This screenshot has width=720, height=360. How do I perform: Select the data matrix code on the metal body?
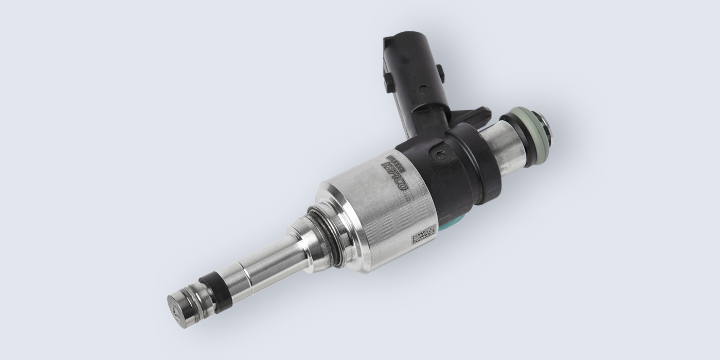pos(423,234)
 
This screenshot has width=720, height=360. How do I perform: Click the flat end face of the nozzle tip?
pos(176,304)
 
